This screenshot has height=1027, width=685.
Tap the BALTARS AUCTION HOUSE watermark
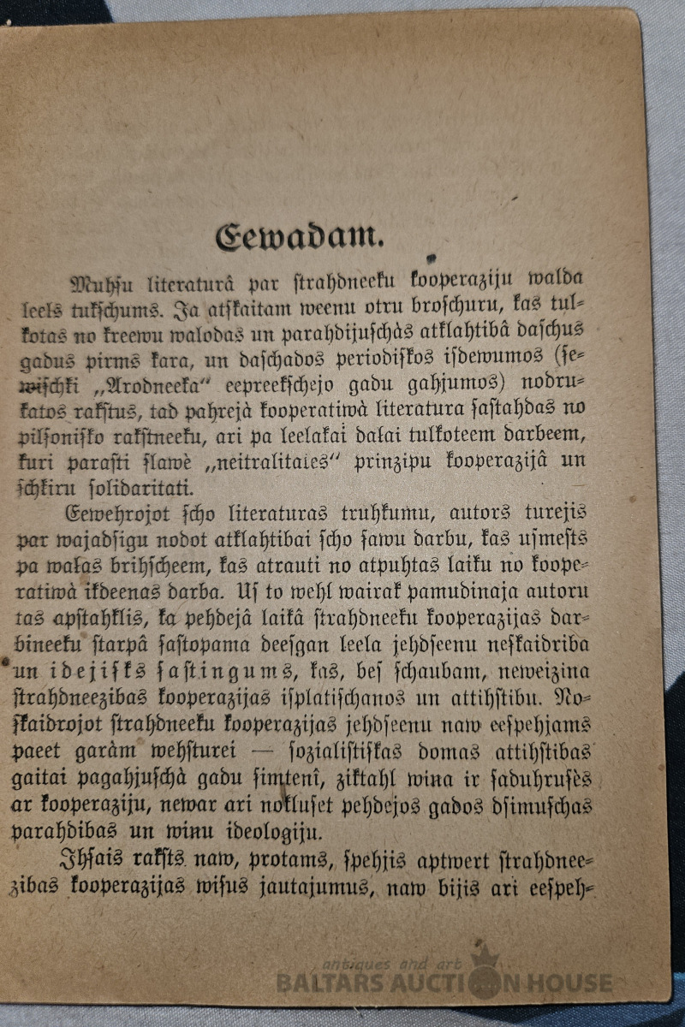pyautogui.click(x=445, y=982)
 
